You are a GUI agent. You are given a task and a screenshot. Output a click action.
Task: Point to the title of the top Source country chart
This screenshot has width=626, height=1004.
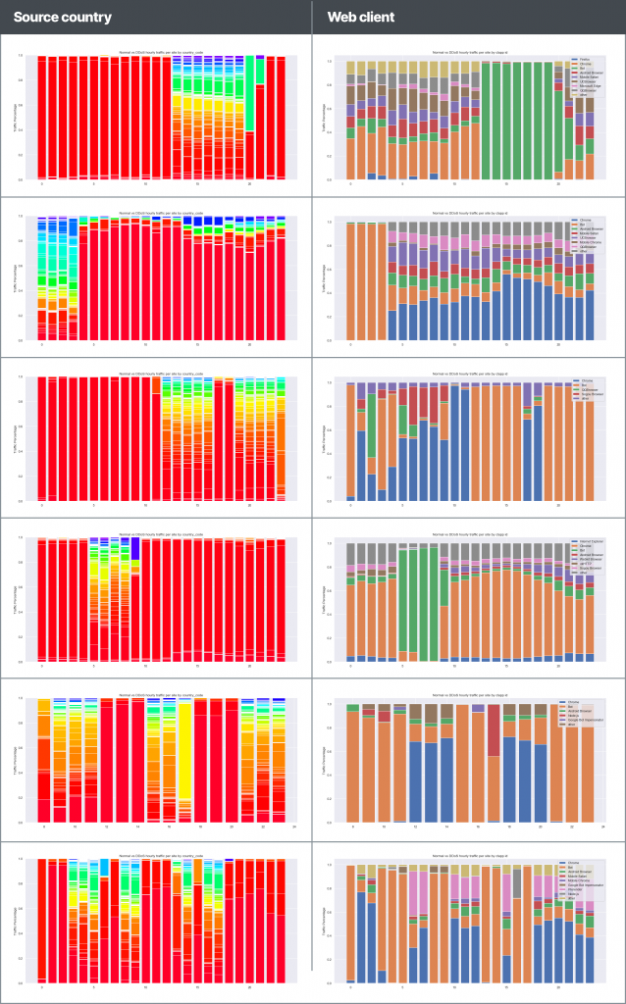coord(161,49)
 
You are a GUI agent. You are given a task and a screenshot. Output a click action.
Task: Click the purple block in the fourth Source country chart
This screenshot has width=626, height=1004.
coord(135,549)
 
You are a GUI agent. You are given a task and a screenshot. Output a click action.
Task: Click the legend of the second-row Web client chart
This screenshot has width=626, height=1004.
coord(584,237)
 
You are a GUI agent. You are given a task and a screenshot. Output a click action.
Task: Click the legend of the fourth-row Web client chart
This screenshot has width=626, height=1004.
coord(584,560)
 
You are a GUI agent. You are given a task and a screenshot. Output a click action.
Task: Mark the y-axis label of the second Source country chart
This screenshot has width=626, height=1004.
coord(21,279)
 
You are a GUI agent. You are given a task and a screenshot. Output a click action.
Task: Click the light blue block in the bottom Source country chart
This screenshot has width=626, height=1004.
coord(103,867)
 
